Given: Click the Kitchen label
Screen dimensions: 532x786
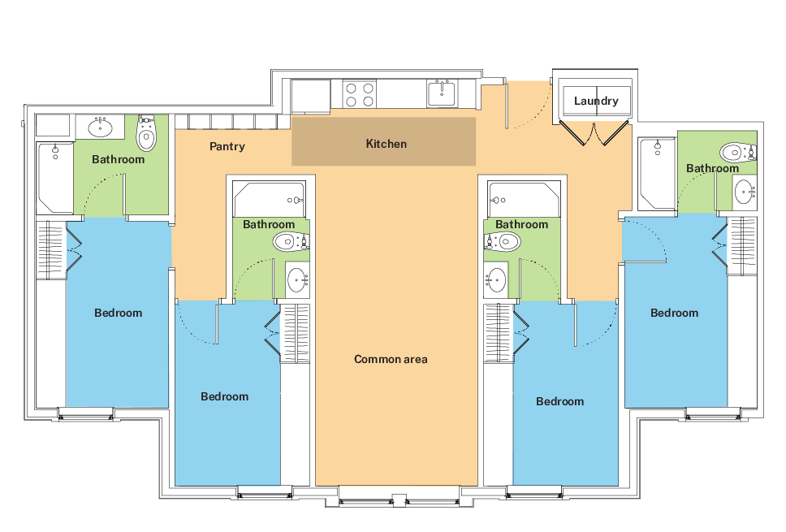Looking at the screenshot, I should [x=386, y=144].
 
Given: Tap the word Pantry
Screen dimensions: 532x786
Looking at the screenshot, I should [x=227, y=146].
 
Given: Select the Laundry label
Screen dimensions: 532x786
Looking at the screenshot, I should [x=596, y=101].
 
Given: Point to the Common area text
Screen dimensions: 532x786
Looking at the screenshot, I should [x=391, y=359].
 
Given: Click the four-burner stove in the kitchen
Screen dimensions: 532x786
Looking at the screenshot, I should [x=359, y=94].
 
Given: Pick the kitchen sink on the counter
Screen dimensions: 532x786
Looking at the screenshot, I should [x=443, y=93].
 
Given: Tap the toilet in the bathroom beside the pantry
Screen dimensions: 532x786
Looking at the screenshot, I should [x=146, y=133].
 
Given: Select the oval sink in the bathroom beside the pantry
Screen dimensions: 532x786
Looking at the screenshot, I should [x=100, y=128].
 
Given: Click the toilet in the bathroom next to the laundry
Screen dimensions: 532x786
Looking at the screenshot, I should [x=736, y=152].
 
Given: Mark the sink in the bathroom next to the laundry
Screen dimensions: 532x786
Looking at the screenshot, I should [x=745, y=192].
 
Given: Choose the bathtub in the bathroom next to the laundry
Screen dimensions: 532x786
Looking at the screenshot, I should [x=656, y=173].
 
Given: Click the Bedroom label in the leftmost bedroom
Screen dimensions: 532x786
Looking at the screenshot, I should [x=118, y=313].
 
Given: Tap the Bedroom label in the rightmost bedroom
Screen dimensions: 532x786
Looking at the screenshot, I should [x=674, y=313].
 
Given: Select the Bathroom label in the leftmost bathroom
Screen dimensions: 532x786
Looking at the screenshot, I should [x=118, y=159].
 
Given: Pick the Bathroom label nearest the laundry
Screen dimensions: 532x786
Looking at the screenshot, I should [x=712, y=169].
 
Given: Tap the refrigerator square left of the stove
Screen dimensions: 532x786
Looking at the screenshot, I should [x=310, y=96].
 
